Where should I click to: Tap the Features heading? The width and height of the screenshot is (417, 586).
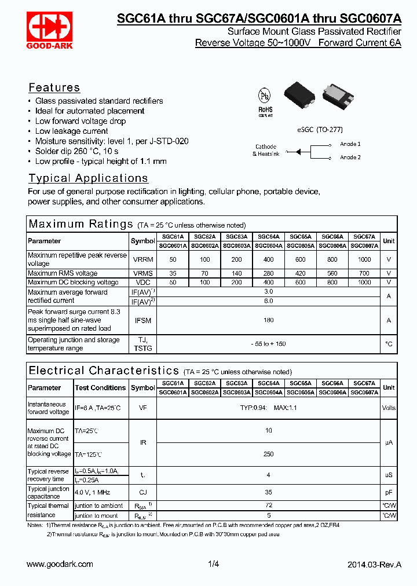[54, 88]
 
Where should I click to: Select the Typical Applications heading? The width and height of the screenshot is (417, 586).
[89, 178]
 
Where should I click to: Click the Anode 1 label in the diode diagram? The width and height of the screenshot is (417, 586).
[350, 144]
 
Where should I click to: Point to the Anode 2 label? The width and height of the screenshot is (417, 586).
[350, 158]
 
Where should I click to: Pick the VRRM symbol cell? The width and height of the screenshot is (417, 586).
[142, 259]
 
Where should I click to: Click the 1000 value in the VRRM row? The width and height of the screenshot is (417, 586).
[364, 259]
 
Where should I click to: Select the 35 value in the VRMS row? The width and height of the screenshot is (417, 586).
[173, 273]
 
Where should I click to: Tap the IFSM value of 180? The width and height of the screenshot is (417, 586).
[269, 320]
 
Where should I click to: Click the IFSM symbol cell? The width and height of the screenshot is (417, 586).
[142, 320]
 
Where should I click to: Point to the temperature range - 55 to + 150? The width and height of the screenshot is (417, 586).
[269, 344]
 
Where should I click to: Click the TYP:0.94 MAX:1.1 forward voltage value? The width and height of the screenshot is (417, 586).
[269, 408]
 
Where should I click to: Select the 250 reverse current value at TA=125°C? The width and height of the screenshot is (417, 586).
[269, 455]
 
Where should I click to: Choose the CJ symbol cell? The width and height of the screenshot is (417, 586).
[142, 492]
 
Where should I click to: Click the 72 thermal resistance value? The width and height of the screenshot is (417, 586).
[269, 506]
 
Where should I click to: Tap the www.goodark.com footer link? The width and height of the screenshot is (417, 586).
[60, 565]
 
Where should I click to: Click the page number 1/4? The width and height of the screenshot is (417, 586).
[213, 565]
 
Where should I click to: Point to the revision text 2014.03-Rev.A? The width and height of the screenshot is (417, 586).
[374, 565]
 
